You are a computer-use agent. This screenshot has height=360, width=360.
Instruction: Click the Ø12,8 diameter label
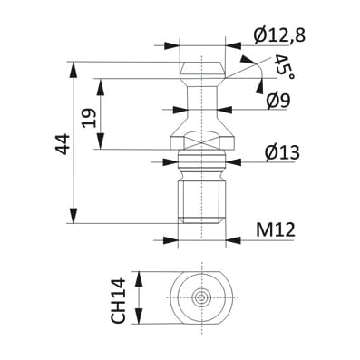(281, 34)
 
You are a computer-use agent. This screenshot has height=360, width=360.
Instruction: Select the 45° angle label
(284, 67)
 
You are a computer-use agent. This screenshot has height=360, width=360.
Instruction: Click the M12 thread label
(277, 230)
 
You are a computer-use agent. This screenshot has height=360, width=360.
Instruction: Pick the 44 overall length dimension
(62, 142)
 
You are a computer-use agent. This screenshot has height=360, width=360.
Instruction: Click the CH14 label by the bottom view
(118, 299)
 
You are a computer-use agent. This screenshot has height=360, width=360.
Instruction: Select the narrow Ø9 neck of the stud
(201, 95)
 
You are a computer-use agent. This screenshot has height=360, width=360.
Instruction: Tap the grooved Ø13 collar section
(201, 163)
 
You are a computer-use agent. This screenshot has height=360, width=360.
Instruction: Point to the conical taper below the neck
(201, 121)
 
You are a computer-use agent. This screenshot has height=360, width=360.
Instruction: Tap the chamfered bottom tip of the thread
(201, 220)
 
